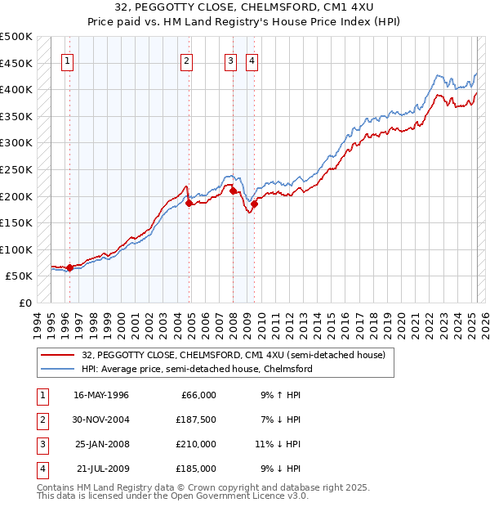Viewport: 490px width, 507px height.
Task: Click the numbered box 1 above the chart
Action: [66, 61]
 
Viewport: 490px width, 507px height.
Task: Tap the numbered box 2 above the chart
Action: [186, 61]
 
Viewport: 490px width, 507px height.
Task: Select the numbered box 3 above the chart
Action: [231, 61]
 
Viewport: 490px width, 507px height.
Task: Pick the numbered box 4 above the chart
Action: [252, 61]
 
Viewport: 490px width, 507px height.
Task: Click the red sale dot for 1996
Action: [69, 267]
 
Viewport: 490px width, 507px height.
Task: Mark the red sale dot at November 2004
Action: [189, 204]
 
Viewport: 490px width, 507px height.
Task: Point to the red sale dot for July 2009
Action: [255, 204]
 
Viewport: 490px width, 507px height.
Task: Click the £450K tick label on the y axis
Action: [16, 63]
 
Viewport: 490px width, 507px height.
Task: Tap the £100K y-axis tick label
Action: [16, 249]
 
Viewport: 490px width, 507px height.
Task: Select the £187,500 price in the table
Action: [196, 420]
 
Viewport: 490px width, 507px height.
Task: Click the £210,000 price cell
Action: [196, 444]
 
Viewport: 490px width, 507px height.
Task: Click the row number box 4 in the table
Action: [40, 469]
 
